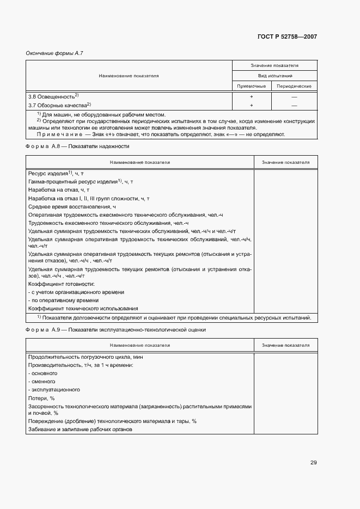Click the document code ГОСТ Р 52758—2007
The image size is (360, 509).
pyautogui.click(x=286, y=36)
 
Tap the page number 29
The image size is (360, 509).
pyautogui.click(x=313, y=463)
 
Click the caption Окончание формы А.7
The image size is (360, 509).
pyautogui.click(x=54, y=53)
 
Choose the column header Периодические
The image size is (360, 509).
pyautogui.click(x=294, y=86)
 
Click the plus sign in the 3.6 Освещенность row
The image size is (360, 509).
pyautogui.click(x=252, y=96)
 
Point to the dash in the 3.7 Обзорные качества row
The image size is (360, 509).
pyautogui.click(x=294, y=105)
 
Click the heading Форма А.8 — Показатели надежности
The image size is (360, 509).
pyautogui.click(x=77, y=146)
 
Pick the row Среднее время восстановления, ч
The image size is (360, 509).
pyautogui.click(x=72, y=207)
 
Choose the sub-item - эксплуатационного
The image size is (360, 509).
pyautogui.click(x=54, y=389)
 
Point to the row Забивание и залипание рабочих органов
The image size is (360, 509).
pyautogui.click(x=80, y=430)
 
